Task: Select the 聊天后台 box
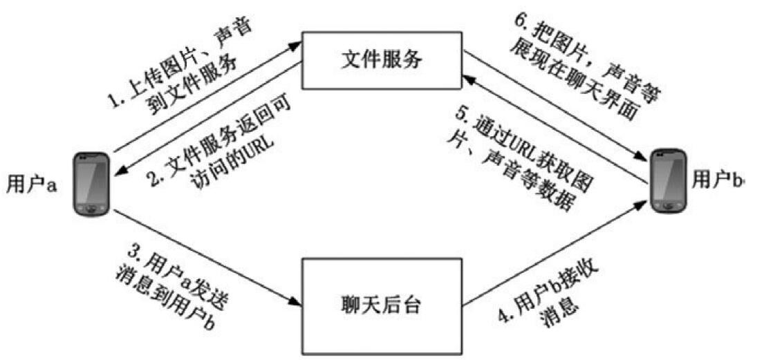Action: pyautogui.click(x=382, y=305)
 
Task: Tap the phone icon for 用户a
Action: pyautogui.click(x=91, y=183)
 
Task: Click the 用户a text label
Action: pyautogui.click(x=30, y=184)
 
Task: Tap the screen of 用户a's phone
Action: pyautogui.click(x=91, y=178)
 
